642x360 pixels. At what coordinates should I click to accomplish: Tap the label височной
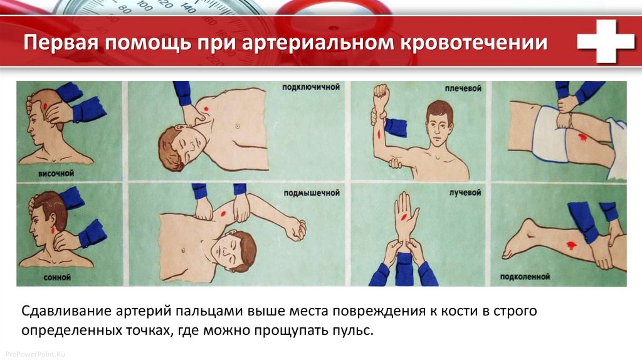tap(56, 173)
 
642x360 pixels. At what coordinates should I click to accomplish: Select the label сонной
tap(57, 277)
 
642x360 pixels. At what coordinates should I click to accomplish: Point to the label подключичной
tap(311, 87)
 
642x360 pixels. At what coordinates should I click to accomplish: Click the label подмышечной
tap(312, 193)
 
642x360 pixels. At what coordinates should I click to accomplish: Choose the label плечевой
tap(463, 88)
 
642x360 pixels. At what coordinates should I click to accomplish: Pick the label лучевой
tap(465, 193)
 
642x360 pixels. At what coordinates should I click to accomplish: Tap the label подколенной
tap(525, 277)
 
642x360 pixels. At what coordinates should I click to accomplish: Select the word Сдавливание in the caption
tap(66, 311)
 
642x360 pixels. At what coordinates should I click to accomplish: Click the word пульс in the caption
tap(352, 331)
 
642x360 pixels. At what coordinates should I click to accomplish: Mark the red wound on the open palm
tap(404, 217)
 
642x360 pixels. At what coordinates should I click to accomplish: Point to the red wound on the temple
tap(45, 105)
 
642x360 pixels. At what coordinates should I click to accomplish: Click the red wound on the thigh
tap(582, 137)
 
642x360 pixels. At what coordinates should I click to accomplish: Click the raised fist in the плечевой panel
tap(381, 94)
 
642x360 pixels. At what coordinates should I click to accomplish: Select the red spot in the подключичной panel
tap(206, 109)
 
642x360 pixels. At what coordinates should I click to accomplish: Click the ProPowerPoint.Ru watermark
tap(35, 354)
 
